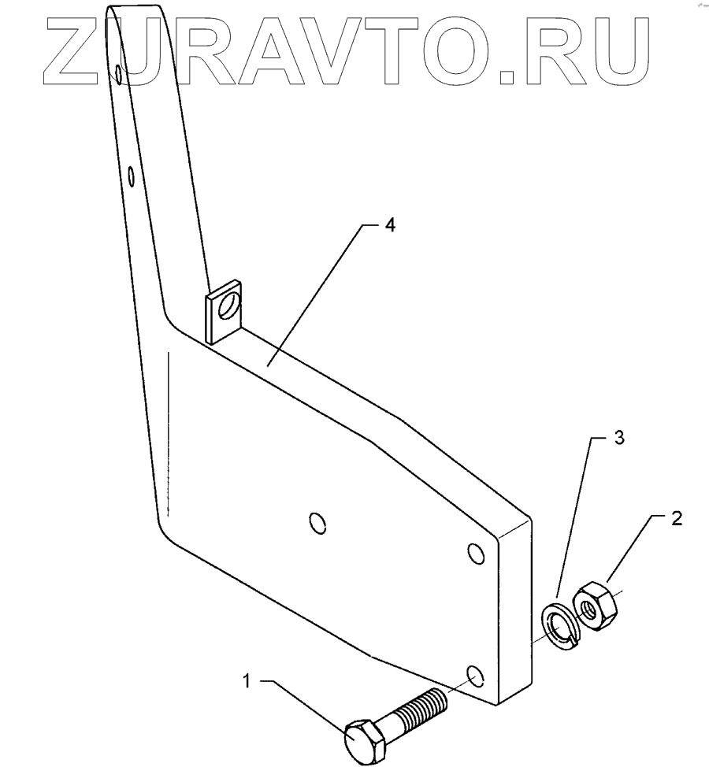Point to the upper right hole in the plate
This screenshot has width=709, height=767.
pos(475,554)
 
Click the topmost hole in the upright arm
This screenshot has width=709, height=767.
pos(118,74)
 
